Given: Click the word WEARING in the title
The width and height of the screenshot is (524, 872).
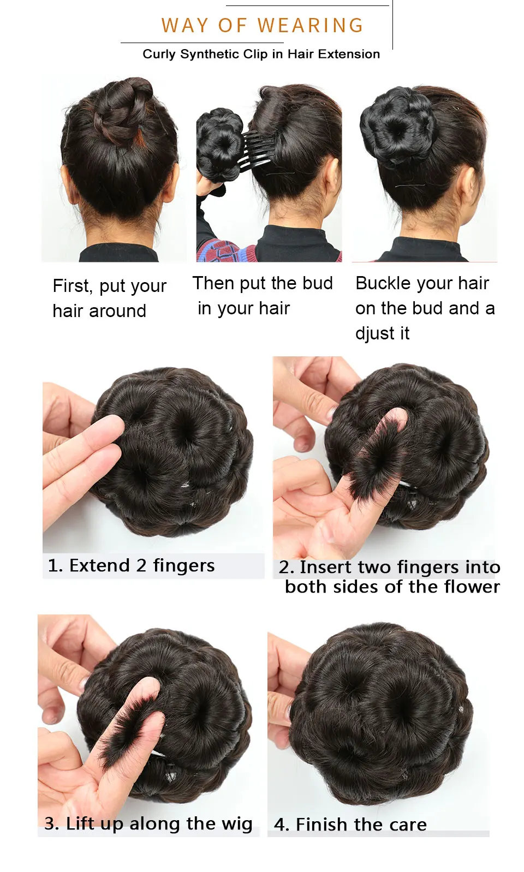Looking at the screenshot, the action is [310, 25].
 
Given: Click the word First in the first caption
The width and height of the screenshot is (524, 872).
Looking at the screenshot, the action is [73, 286].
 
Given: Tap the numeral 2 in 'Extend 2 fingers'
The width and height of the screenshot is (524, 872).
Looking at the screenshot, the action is [141, 566].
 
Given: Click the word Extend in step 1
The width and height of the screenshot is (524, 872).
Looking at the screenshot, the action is [99, 566].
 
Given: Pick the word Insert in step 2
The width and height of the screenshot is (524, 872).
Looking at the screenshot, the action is [325, 567].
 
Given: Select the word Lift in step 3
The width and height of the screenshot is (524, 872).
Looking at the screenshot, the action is [80, 823].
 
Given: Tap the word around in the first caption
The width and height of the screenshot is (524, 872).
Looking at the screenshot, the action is [117, 312].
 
